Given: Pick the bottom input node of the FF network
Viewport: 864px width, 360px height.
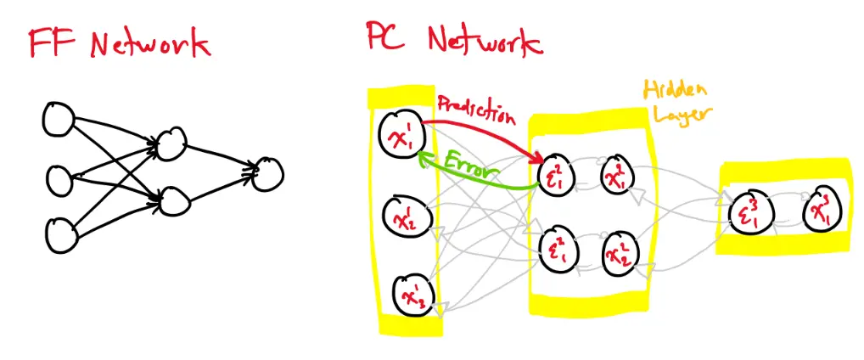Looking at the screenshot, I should pyautogui.click(x=60, y=235).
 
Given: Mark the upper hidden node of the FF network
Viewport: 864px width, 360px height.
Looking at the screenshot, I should pyautogui.click(x=171, y=143).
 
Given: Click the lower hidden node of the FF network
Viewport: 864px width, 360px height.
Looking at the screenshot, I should pyautogui.click(x=171, y=200).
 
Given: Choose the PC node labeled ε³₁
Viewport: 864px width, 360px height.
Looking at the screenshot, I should pyautogui.click(x=751, y=212).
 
